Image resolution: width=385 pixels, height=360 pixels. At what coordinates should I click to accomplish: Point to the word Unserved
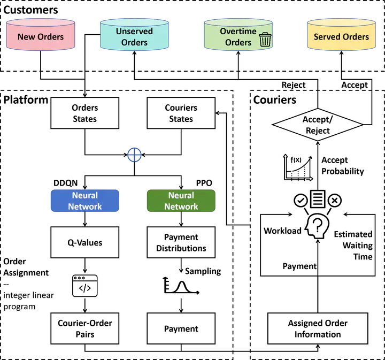(x=134, y=31)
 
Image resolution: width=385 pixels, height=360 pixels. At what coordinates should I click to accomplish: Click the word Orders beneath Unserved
(x=134, y=43)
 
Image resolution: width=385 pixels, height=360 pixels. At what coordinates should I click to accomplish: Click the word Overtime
(x=238, y=31)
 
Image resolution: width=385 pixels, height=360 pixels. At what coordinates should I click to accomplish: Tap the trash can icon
(x=265, y=39)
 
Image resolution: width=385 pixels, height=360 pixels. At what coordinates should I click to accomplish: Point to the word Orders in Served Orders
(x=356, y=37)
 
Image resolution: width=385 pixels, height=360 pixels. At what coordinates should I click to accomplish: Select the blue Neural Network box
(x=86, y=201)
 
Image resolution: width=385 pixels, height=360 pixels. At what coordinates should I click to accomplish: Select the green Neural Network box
(x=181, y=201)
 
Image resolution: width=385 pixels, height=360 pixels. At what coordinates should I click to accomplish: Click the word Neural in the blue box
(x=86, y=195)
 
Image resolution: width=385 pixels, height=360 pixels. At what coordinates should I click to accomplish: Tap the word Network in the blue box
(x=86, y=206)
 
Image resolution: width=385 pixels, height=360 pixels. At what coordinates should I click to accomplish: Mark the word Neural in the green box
(x=181, y=195)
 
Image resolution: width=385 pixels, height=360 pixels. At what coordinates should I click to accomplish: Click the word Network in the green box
(x=181, y=206)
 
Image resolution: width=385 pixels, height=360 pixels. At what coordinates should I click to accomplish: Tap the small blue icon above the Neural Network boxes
(x=135, y=155)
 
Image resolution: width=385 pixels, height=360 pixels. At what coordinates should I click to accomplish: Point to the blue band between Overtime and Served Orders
(x=289, y=35)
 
